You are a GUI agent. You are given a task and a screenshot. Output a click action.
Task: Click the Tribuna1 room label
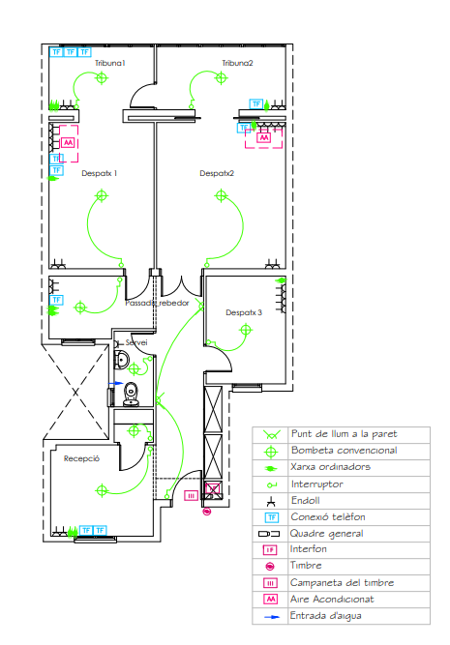[110, 63]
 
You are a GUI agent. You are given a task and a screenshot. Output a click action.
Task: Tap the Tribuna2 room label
[237, 63]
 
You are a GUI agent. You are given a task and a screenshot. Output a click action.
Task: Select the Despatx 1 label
[100, 173]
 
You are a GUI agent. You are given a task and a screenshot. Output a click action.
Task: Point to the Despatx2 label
[217, 173]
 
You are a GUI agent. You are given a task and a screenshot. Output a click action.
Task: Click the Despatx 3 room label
[244, 312]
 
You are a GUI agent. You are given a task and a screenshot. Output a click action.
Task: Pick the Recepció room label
[81, 458]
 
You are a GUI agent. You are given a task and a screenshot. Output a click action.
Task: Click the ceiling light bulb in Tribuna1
[102, 77]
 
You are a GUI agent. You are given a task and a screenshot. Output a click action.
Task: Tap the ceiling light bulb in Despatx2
[221, 195]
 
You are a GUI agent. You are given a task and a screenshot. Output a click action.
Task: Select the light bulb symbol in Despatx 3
[246, 330]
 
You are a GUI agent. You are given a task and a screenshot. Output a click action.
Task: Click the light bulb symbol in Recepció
[102, 490]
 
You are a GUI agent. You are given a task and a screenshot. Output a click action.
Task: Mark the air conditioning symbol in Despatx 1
[68, 143]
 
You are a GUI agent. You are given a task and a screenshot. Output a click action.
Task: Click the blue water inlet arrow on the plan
[116, 383]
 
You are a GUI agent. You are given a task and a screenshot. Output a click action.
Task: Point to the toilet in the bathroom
[132, 395]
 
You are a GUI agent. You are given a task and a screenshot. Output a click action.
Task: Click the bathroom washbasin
[122, 360]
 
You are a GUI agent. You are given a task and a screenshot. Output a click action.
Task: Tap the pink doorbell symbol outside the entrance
[207, 512]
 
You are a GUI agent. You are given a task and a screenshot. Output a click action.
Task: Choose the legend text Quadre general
[326, 534]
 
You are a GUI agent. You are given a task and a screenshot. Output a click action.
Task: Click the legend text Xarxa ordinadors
[331, 467]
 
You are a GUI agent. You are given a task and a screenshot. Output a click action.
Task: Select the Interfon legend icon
[270, 550]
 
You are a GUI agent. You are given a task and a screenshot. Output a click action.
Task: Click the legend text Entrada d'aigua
[326, 616]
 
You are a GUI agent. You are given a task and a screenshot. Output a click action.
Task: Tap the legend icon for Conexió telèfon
[271, 517]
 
